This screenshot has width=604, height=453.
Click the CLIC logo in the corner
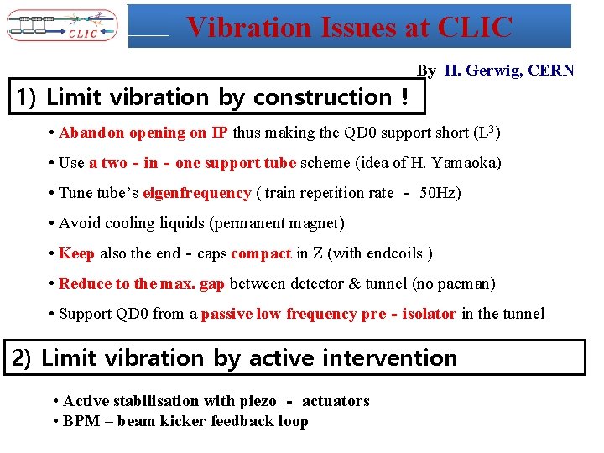point(63,25)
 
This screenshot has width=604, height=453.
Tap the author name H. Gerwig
point(482,70)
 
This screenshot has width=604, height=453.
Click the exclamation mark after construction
point(404,97)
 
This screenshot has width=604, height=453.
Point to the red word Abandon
point(91,133)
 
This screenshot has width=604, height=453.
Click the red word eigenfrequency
point(197,193)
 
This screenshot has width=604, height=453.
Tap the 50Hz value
point(440,193)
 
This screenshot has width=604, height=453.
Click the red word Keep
point(77,253)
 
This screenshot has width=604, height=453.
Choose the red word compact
point(261,253)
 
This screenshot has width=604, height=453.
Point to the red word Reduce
point(84,284)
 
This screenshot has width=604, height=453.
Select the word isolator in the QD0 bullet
point(425,314)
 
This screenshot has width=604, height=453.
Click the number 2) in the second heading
point(23,358)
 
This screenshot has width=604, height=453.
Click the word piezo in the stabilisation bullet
point(258,401)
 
